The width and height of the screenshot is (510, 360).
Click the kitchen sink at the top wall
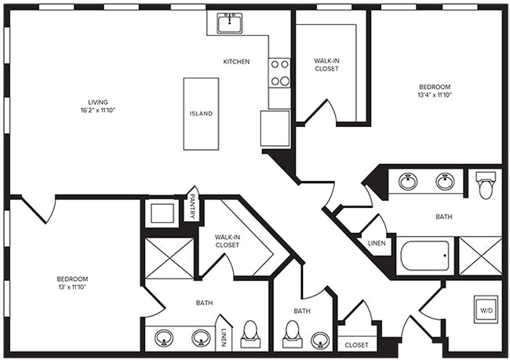tap(229, 23)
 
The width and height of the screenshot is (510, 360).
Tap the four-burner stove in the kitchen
tap(279, 73)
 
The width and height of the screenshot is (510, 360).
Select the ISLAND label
tap(200, 114)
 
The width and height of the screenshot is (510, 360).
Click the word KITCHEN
tap(236, 61)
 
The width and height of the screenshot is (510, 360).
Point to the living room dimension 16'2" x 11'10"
tap(98, 111)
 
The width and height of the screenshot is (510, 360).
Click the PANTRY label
tap(191, 208)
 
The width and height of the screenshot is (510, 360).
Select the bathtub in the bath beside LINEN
tap(424, 256)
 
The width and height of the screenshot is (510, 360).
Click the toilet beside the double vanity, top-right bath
tap(484, 185)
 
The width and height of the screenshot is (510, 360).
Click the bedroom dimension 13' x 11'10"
tap(71, 288)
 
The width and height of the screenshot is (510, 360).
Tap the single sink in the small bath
tap(319, 340)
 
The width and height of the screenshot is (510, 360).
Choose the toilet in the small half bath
tap(292, 334)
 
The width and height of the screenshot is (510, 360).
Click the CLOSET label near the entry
tap(356, 344)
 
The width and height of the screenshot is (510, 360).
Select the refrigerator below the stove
tap(275, 128)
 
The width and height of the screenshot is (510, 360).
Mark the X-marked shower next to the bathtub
tap(479, 256)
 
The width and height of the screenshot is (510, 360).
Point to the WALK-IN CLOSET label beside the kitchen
tap(326, 64)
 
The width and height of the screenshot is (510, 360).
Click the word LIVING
tap(98, 102)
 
